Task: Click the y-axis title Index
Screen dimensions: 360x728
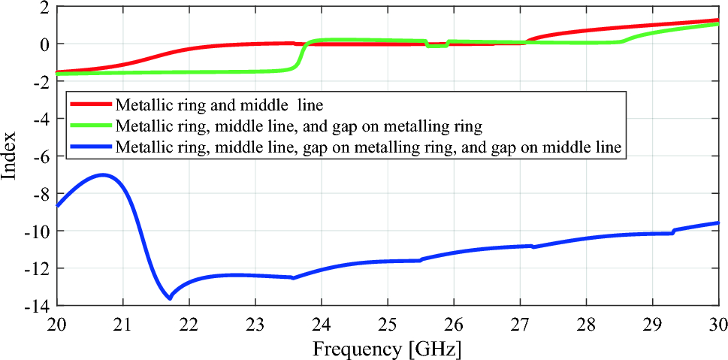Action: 10,156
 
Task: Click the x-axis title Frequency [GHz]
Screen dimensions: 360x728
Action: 387,348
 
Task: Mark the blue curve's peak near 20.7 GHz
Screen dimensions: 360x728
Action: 104,175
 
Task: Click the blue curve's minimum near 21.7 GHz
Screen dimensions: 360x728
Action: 170,298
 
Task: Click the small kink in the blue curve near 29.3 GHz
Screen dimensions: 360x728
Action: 672,231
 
